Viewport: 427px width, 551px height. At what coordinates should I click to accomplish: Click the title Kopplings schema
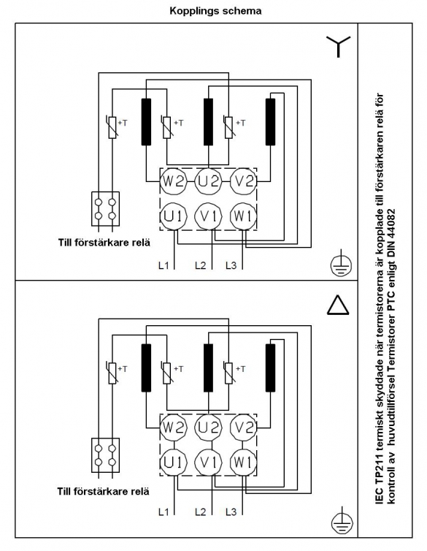click(215, 11)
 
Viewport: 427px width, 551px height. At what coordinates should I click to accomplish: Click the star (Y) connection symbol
click(338, 47)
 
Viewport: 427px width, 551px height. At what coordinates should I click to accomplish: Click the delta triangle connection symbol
click(338, 305)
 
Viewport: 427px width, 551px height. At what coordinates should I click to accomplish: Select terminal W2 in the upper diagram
click(174, 181)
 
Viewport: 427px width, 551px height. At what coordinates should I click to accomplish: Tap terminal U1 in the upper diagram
click(174, 216)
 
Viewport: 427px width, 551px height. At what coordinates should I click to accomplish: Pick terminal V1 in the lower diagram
click(209, 463)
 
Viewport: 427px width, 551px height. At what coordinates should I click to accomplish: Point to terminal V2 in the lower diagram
click(244, 427)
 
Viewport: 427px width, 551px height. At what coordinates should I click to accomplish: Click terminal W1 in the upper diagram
click(243, 216)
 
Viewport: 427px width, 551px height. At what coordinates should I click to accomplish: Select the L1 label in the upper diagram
click(164, 265)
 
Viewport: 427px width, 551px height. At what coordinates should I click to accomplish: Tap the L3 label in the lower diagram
click(231, 512)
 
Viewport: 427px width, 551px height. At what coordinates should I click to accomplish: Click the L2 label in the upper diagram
click(201, 265)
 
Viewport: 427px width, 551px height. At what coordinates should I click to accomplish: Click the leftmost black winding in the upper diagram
click(146, 121)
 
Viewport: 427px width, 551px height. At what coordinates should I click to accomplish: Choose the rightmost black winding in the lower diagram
click(270, 368)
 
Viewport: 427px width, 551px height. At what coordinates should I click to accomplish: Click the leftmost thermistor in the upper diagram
click(112, 127)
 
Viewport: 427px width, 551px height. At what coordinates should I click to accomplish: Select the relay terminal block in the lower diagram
click(105, 455)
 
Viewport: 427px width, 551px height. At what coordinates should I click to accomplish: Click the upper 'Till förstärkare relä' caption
click(104, 243)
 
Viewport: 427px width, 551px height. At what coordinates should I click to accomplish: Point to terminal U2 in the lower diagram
click(209, 427)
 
